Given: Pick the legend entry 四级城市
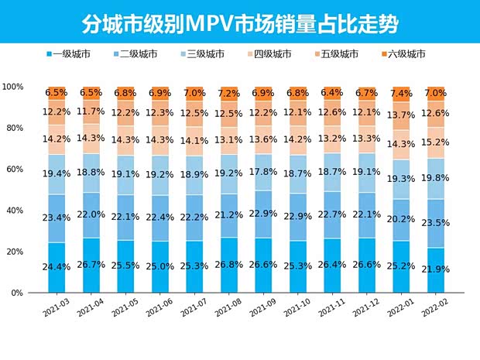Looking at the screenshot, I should [x=271, y=54].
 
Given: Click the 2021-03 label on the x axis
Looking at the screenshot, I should [x=57, y=309].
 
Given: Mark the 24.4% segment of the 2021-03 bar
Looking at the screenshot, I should [x=56, y=268].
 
